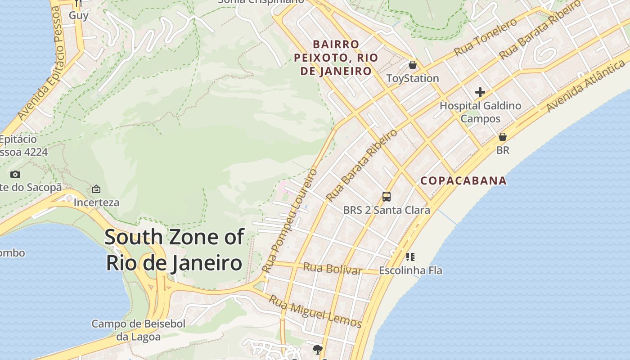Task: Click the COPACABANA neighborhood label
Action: pyautogui.click(x=463, y=181)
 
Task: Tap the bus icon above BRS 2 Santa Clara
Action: pyautogui.click(x=387, y=197)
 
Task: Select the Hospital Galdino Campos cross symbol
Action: pyautogui.click(x=480, y=93)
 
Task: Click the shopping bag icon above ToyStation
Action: pyautogui.click(x=413, y=65)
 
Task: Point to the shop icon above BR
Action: pyautogui.click(x=503, y=137)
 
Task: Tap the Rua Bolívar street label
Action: pyautogui.click(x=333, y=268)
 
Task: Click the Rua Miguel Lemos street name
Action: pyautogui.click(x=315, y=311)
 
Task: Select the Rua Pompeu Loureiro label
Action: pyautogui.click(x=290, y=220)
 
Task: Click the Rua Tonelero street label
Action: pyautogui.click(x=486, y=37)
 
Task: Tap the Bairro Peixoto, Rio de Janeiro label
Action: pyautogui.click(x=336, y=58)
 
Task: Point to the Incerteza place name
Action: pyautogui.click(x=96, y=202)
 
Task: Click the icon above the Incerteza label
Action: pyautogui.click(x=96, y=189)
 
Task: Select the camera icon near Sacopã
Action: pyautogui.click(x=15, y=174)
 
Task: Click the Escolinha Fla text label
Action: pyautogui.click(x=410, y=270)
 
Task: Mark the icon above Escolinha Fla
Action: pyautogui.click(x=410, y=257)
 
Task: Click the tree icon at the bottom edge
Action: pyautogui.click(x=318, y=349)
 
